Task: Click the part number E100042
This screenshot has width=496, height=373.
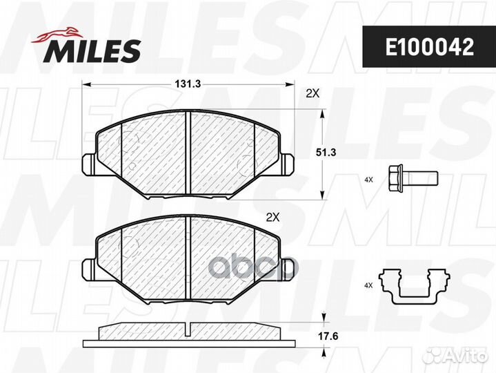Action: click(x=429, y=47)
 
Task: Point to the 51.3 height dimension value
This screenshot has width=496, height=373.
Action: click(x=326, y=153)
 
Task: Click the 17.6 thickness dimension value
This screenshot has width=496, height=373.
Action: click(x=328, y=336)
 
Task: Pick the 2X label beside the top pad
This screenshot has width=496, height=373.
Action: click(x=313, y=93)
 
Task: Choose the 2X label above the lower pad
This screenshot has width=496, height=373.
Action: click(x=272, y=217)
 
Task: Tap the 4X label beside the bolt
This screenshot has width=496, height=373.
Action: click(x=368, y=180)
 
